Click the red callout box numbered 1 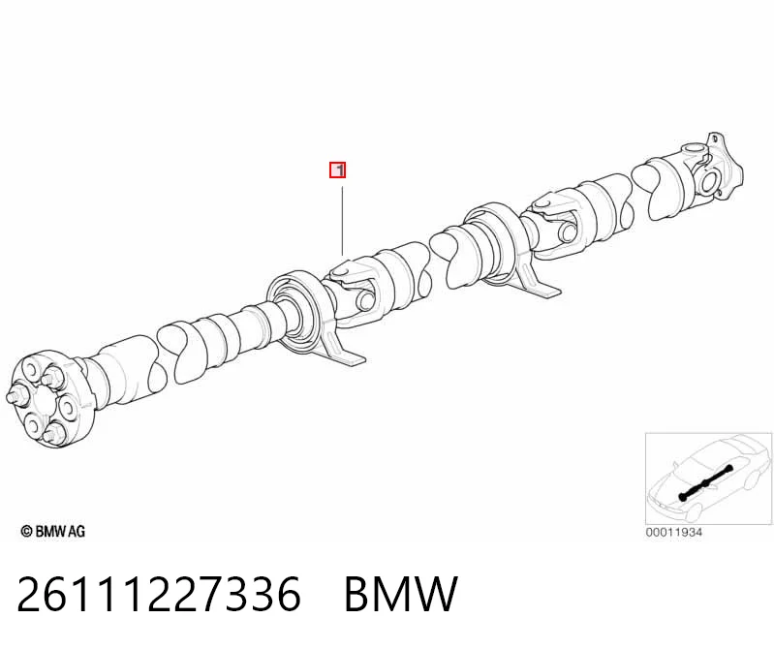pyautogui.click(x=338, y=170)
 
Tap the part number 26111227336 pyautogui.click(x=159, y=594)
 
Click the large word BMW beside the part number pyautogui.click(x=401, y=594)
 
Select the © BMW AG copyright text pyautogui.click(x=53, y=532)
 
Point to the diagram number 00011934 pyautogui.click(x=674, y=533)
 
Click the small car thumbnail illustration pyautogui.click(x=708, y=479)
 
